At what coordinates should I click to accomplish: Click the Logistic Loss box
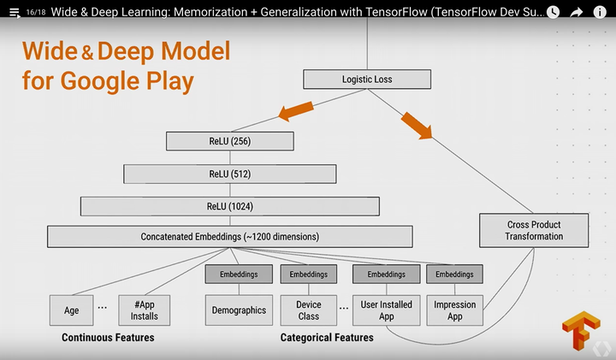point(366,80)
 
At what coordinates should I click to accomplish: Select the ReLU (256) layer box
point(229,141)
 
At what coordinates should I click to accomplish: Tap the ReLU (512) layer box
point(229,174)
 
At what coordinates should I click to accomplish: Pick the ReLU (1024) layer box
point(229,207)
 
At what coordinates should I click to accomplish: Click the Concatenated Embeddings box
point(229,236)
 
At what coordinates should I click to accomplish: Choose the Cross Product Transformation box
point(534,231)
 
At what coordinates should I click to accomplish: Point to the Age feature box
point(71,310)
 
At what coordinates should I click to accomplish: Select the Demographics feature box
point(239,310)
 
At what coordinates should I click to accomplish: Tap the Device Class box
point(309,310)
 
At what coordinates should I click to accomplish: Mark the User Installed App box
point(386,310)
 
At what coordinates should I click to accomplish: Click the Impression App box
point(454,310)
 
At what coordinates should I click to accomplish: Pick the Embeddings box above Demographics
point(239,274)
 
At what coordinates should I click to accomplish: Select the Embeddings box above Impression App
point(454,274)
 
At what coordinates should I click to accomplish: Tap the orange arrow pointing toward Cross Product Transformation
point(418,122)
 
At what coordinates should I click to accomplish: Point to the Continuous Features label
point(108,338)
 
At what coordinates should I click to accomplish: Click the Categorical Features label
point(327,338)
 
